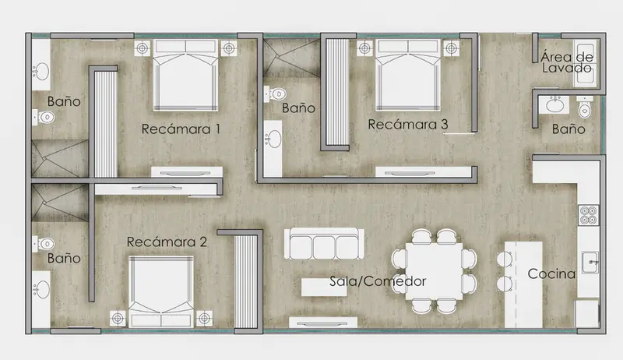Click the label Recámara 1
pos(181,129)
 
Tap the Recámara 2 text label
pos(167,242)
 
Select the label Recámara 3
pos(408,125)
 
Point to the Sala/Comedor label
pos(378,281)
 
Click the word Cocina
pos(551,274)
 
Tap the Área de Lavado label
pos(567,62)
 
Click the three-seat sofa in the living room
pos(324,244)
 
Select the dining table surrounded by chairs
pos(435,271)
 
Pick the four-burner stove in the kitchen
pos(589,215)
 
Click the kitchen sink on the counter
pos(590,262)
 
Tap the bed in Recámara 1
pos(185,75)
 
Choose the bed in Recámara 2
pos(161,291)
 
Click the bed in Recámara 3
pos(408,75)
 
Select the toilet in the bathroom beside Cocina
pos(585,108)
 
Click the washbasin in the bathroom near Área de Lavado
pos(554,105)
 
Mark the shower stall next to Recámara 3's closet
pos(292,58)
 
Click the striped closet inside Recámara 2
pos(246,282)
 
